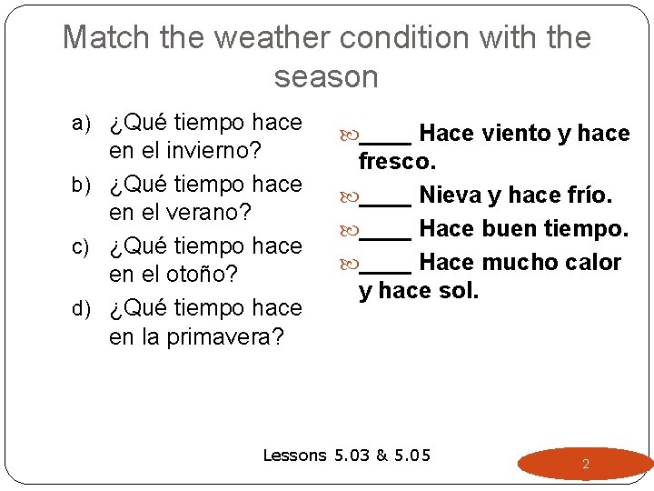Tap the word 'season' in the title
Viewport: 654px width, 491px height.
(326, 77)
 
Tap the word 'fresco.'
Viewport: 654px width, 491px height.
(398, 163)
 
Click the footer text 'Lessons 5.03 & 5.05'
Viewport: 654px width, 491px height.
(346, 456)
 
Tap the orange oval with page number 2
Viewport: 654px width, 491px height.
(585, 464)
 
